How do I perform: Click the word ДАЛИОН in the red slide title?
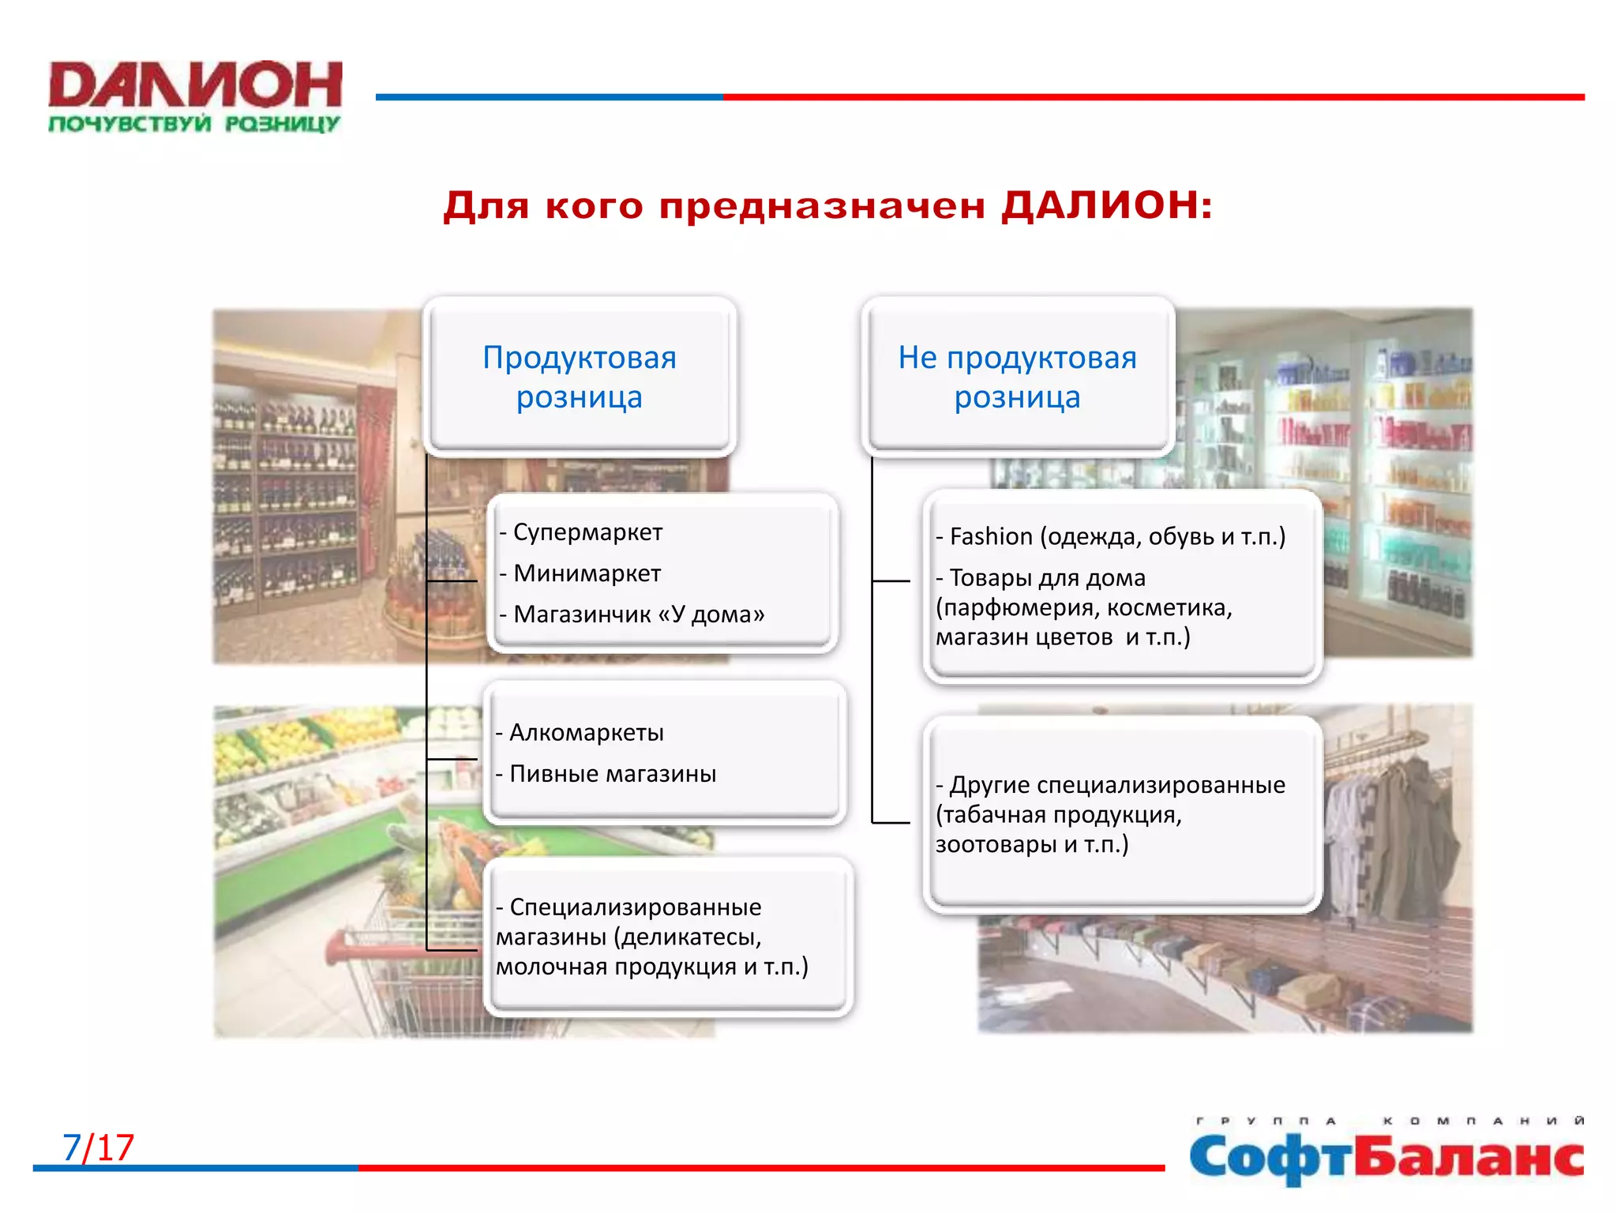point(1105,205)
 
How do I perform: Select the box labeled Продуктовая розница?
point(580,377)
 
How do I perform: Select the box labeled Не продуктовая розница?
point(1017,377)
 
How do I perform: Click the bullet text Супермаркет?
point(587,532)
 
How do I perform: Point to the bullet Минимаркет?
point(587,573)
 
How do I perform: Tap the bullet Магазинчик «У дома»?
point(638,614)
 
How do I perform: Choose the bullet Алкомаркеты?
point(586,733)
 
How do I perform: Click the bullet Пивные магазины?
point(613,774)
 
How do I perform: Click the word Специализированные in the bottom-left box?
point(635,907)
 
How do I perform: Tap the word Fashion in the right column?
point(991,537)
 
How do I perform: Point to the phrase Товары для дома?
point(1047,578)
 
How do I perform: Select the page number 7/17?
point(99,1147)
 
